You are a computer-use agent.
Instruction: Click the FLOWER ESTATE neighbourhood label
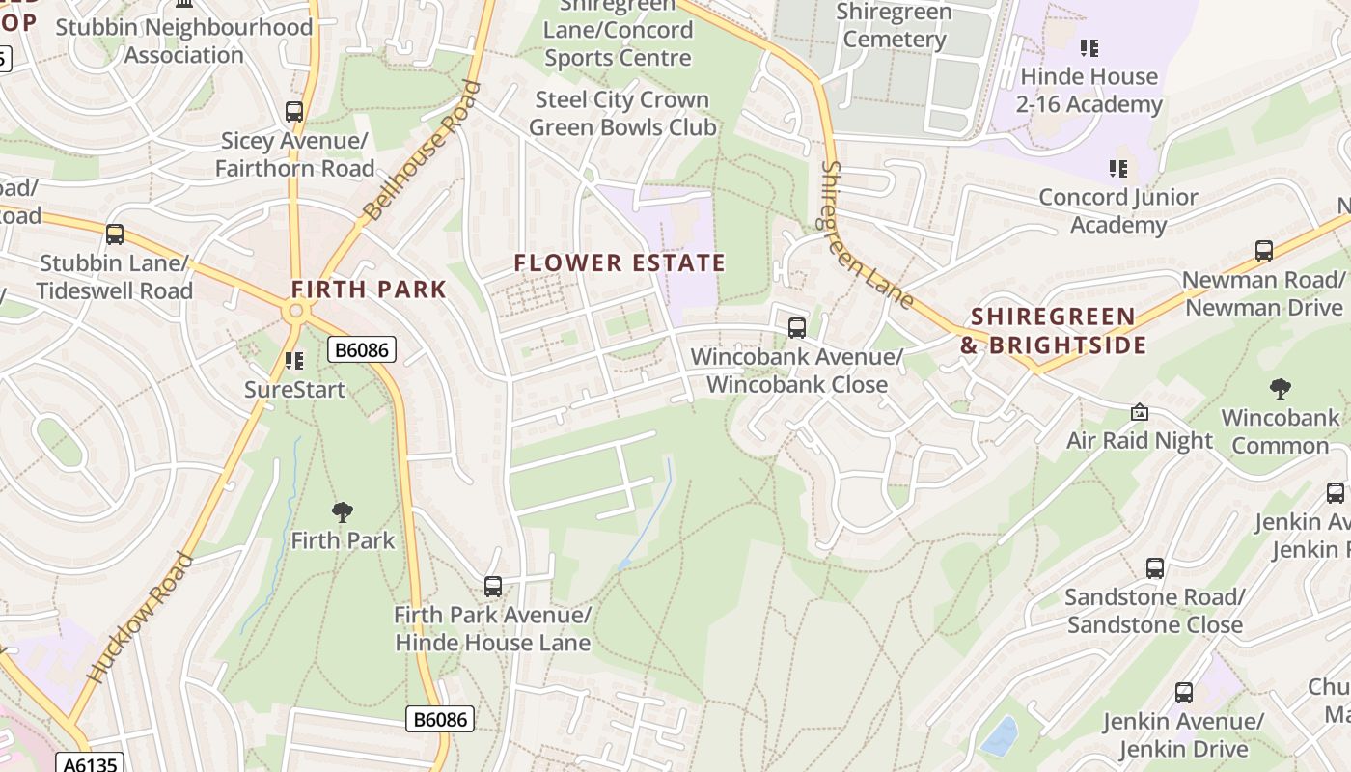[x=620, y=262]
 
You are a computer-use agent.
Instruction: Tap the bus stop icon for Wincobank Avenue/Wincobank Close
[x=797, y=327]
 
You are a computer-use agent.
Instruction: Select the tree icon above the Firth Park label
[x=342, y=511]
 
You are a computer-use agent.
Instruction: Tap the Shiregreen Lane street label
[x=866, y=235]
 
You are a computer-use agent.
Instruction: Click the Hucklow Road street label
[x=139, y=619]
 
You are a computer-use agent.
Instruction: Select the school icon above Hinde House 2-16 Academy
[x=1089, y=47]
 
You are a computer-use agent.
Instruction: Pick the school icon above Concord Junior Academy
[x=1118, y=169]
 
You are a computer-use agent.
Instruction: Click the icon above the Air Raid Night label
[x=1140, y=412]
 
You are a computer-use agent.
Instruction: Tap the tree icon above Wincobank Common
[x=1281, y=389]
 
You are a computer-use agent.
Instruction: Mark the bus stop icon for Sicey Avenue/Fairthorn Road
[x=294, y=112]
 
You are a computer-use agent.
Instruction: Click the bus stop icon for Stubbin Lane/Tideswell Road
[x=115, y=234]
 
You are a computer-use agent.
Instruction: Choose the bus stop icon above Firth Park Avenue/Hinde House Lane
[x=493, y=586]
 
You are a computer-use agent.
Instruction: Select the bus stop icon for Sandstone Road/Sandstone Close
[x=1155, y=567]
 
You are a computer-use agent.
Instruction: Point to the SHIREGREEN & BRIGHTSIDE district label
[x=1053, y=331]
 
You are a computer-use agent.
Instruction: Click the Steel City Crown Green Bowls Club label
[x=622, y=113]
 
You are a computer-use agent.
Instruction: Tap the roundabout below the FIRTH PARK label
[x=296, y=311]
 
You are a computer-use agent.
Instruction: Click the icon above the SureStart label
[x=294, y=361]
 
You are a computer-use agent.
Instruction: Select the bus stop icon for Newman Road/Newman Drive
[x=1264, y=251]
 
